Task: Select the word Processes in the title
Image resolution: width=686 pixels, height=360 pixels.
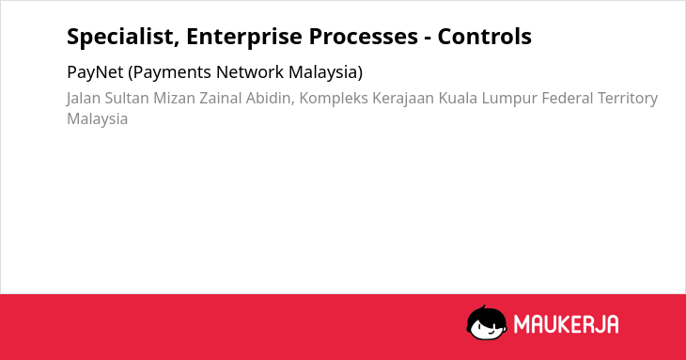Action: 364,37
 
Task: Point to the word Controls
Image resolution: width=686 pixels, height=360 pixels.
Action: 485,37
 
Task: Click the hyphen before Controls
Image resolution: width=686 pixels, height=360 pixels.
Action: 428,38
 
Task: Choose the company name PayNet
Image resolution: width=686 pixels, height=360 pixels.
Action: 95,72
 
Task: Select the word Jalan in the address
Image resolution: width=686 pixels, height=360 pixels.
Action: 84,99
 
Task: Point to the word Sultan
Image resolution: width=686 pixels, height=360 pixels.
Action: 127,99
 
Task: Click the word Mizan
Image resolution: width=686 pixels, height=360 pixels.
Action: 174,99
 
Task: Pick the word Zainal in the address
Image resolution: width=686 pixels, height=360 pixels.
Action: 221,99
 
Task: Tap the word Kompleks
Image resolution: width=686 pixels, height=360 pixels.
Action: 334,99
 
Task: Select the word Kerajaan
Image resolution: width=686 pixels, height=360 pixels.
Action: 403,99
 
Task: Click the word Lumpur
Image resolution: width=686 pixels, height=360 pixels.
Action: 509,99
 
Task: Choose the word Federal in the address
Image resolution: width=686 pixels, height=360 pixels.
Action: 568,99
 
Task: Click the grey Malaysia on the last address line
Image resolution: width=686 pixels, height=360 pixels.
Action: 97,119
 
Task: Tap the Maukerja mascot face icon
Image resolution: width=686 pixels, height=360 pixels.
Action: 487,322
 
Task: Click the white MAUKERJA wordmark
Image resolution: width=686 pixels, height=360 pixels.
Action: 566,324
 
